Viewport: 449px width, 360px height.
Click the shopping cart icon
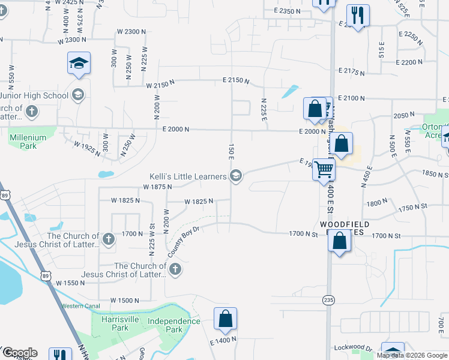coord(324,169)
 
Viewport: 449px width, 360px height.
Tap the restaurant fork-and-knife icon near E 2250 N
coord(358,16)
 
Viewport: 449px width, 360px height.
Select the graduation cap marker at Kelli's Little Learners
coord(236,176)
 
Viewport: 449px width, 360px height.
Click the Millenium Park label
coord(28,141)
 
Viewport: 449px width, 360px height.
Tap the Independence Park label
coord(174,325)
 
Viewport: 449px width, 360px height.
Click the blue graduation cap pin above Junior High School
coord(79,64)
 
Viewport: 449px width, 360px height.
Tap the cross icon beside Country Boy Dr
coord(175,269)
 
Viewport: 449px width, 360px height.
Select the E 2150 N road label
coord(235,80)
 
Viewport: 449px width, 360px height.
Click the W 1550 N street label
coord(71,282)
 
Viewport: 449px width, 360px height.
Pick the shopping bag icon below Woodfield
coord(340,242)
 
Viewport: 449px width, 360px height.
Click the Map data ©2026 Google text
coord(412,355)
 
